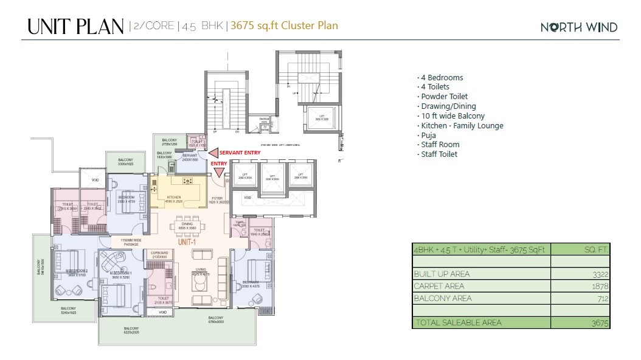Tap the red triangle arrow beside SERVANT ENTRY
pyautogui.click(x=213, y=153)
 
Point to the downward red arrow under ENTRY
pyautogui.click(x=219, y=174)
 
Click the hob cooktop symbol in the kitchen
pyautogui.click(x=188, y=181)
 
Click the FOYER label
pyautogui.click(x=217, y=197)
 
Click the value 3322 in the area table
pyautogui.click(x=600, y=274)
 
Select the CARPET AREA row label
pyautogui.click(x=439, y=286)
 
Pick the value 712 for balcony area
pyautogui.click(x=602, y=298)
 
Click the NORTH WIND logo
pyautogui.click(x=579, y=27)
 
